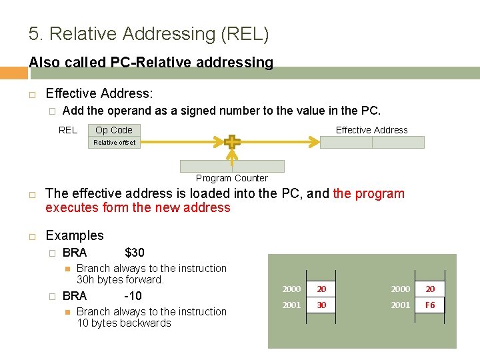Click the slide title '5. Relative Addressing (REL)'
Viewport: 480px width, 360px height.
[x=149, y=34]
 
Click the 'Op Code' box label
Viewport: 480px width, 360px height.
[x=114, y=130]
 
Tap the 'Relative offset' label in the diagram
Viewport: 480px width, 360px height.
[x=114, y=142]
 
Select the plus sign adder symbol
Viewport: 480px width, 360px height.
[x=232, y=142]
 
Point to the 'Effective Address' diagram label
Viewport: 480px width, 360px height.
[x=371, y=130]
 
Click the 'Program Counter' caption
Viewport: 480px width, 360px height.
[x=232, y=178]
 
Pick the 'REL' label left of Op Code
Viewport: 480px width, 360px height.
[x=68, y=130]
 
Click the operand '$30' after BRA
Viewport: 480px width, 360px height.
[x=134, y=252]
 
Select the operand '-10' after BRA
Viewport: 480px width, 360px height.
[x=133, y=295]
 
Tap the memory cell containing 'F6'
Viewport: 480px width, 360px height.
[x=430, y=305]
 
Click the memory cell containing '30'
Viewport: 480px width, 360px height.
[x=321, y=305]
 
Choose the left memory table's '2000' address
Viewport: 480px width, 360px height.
[x=291, y=289]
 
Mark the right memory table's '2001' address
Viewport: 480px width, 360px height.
[x=400, y=305]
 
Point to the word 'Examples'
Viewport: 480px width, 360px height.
[x=75, y=235]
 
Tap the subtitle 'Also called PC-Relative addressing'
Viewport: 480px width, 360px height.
[x=151, y=63]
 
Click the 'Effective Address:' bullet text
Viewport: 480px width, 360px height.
[x=99, y=94]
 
